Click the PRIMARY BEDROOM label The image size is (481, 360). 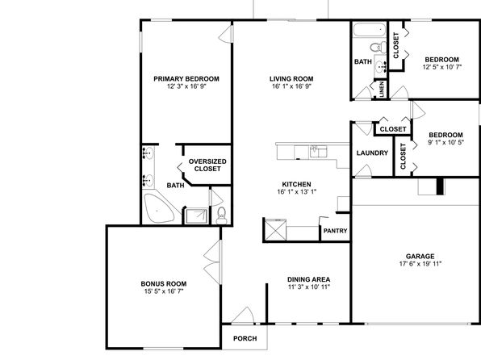[x=186, y=79]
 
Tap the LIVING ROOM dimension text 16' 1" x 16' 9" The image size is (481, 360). [x=291, y=86]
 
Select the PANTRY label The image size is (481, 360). [x=335, y=231]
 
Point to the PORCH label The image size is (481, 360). [x=245, y=338]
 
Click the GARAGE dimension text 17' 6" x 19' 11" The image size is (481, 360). [x=420, y=264]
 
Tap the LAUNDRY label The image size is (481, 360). [x=372, y=153]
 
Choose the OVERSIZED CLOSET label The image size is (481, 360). [x=207, y=165]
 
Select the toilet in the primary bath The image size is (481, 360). [x=221, y=216]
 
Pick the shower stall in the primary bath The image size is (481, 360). [x=197, y=216]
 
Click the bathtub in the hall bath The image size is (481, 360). [x=370, y=30]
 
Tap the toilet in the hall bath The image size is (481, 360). [x=379, y=48]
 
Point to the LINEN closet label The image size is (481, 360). [x=382, y=90]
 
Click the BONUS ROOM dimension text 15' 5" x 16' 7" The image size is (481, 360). [x=164, y=291]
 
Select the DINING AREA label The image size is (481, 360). [x=308, y=279]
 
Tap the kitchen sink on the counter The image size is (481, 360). [x=318, y=151]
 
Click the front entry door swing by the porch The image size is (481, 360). [x=243, y=315]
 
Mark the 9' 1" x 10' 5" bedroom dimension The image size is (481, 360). [x=445, y=142]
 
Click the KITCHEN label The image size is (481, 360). [x=296, y=185]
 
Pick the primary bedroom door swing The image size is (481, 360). [x=226, y=34]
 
